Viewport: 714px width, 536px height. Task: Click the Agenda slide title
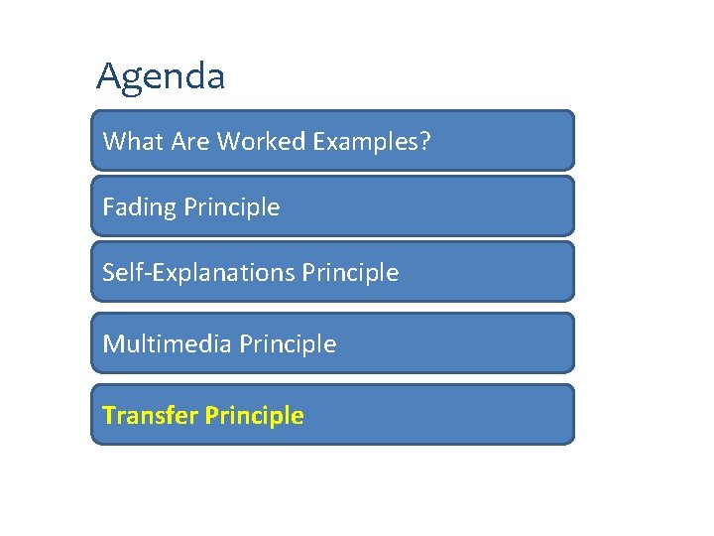161,76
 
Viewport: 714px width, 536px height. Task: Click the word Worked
261,142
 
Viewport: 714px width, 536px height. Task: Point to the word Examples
366,143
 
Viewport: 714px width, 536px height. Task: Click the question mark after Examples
425,142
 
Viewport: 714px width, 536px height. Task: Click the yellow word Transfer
150,416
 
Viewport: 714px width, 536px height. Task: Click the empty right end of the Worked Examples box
516,141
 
